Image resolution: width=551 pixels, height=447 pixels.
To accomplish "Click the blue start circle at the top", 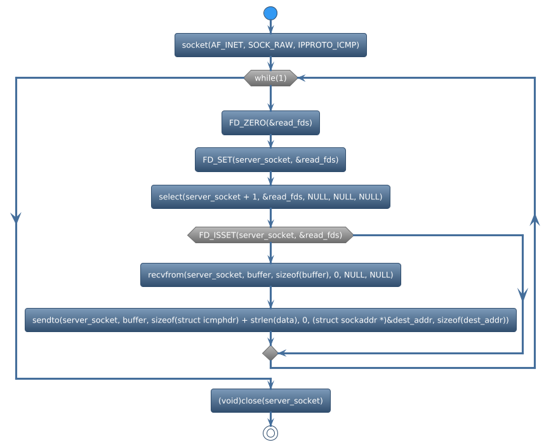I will pos(270,13).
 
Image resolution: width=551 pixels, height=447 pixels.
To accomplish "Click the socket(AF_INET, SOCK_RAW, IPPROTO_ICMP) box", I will pos(270,45).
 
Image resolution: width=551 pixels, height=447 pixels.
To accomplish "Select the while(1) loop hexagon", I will pos(270,78).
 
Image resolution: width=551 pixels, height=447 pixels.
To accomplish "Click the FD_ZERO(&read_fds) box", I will pos(270,123).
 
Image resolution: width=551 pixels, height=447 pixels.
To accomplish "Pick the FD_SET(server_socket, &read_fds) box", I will pos(270,160).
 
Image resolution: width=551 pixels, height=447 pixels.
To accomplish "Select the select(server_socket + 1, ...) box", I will pos(270,197).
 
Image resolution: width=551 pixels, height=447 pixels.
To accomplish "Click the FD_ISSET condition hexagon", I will pos(270,235).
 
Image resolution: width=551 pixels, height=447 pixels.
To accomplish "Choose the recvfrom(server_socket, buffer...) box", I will pos(270,275).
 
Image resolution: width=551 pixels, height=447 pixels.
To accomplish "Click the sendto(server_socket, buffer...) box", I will pos(270,320).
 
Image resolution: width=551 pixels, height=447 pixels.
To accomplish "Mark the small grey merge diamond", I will pos(270,352).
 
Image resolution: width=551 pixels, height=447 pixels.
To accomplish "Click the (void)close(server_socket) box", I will pos(270,401).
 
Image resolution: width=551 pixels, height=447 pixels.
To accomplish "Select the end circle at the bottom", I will pos(270,433).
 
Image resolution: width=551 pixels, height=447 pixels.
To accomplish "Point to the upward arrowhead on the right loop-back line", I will pos(534,219).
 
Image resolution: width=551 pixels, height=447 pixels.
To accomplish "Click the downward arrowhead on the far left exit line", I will pos(16,216).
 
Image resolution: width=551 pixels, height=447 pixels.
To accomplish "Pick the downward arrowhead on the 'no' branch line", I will pos(522,293).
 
